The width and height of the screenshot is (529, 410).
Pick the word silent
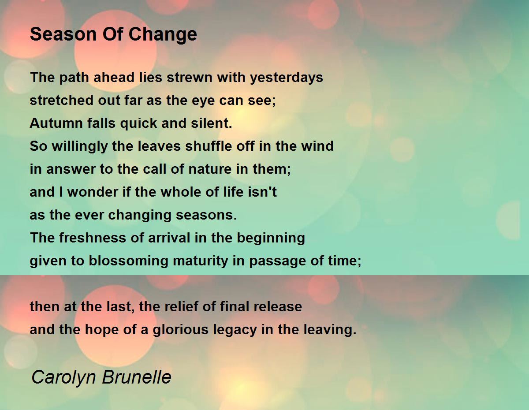pos(211,123)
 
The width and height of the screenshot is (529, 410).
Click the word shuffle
pos(209,146)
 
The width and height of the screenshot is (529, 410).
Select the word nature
pos(210,169)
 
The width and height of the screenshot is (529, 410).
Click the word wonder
pos(93,192)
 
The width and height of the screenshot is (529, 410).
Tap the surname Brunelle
pos(137,377)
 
